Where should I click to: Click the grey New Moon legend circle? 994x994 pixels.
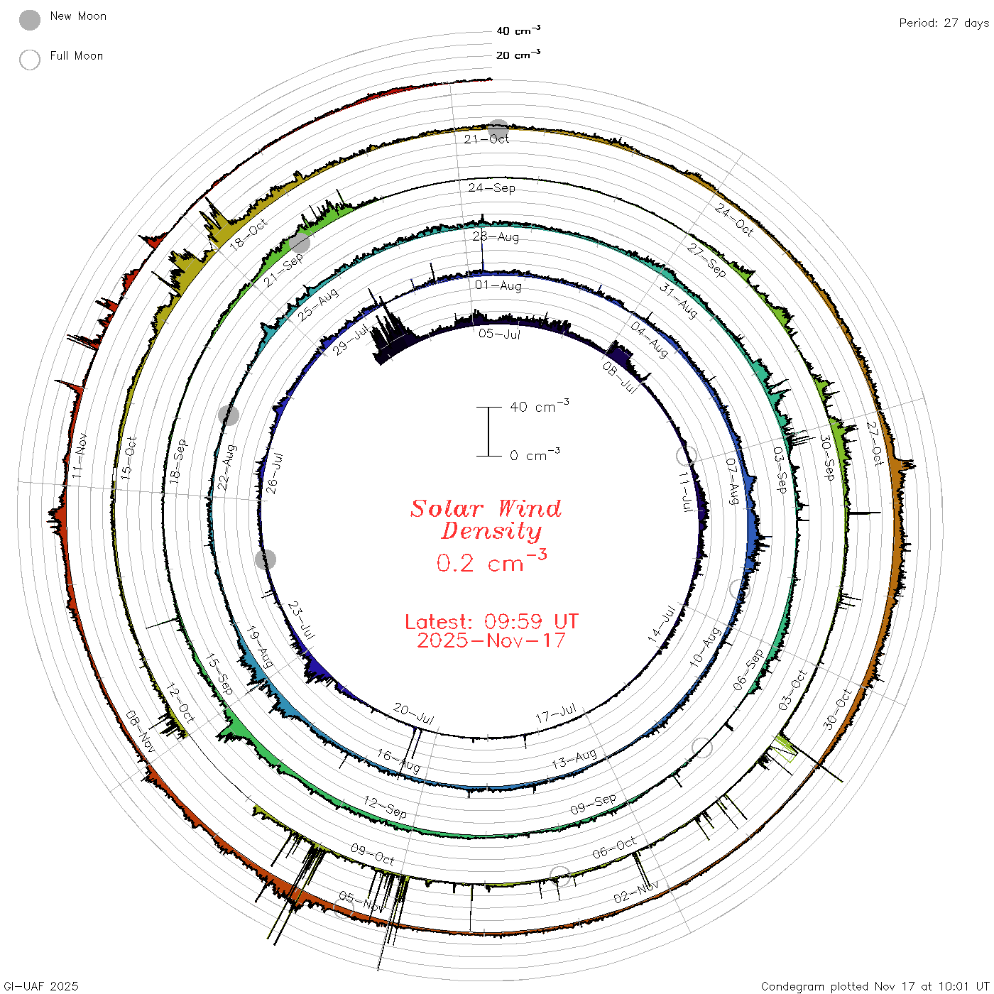pos(30,20)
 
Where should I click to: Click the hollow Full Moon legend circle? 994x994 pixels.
pos(30,60)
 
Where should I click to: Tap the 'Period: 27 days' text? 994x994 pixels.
pos(944,23)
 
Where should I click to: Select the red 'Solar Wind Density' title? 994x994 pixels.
pos(486,520)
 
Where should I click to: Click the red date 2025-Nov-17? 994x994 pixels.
pos(491,640)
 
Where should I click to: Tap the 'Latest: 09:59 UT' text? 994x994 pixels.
pos(491,621)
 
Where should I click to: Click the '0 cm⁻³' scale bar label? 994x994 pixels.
pos(535,454)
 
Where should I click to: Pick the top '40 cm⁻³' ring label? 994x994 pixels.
pos(518,30)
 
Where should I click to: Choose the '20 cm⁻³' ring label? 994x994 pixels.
pos(518,54)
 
